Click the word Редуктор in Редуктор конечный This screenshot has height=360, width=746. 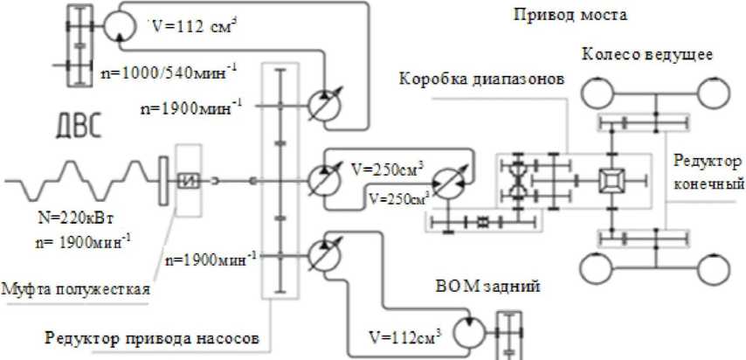(x=707, y=163)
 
